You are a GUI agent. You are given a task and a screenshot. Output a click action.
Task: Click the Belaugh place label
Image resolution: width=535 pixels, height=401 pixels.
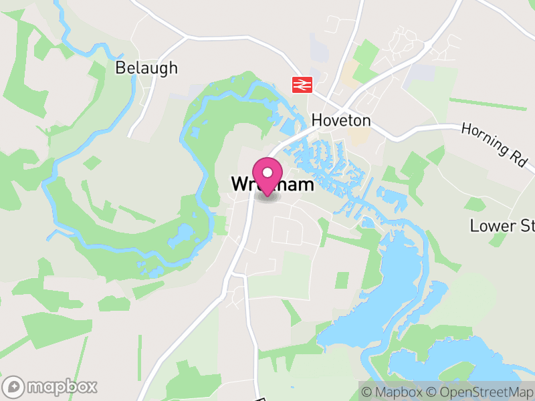[146, 68]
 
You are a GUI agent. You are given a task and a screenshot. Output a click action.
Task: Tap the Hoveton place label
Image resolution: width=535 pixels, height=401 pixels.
[341, 121]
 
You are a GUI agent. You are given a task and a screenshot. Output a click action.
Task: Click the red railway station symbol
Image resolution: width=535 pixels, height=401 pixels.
[302, 85]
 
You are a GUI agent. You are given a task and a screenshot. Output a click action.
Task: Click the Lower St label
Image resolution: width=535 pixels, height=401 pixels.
[502, 225]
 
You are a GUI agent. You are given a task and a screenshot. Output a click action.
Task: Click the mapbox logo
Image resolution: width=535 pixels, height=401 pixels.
[50, 386]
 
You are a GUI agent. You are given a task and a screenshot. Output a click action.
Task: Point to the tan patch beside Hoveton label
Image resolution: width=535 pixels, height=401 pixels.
[360, 136]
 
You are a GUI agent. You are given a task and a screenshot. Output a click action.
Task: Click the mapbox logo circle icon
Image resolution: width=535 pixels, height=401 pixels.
[14, 386]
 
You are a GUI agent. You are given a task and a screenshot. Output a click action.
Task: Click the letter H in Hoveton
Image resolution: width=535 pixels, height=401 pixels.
[317, 121]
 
